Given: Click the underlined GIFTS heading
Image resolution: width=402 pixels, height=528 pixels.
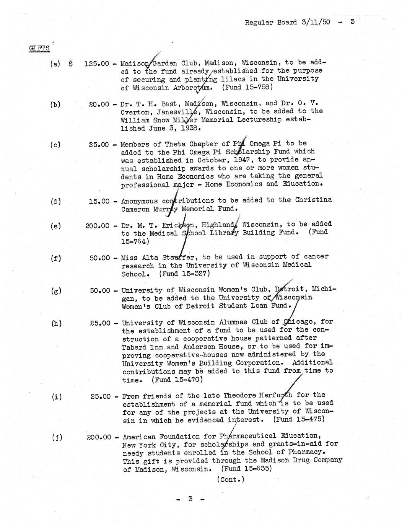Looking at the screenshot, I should point(39,48).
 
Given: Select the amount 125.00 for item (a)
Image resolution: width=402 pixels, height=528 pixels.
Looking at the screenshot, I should point(97,64).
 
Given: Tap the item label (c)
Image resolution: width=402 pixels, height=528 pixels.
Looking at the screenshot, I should point(55,145).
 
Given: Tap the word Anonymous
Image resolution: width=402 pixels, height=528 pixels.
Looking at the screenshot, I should point(139,201).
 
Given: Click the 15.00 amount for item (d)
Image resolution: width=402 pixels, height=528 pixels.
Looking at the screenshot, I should point(99,201).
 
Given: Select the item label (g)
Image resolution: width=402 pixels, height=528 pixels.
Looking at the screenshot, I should point(56,291).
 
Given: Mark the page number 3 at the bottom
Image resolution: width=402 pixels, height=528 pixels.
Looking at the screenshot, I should point(190,499).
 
